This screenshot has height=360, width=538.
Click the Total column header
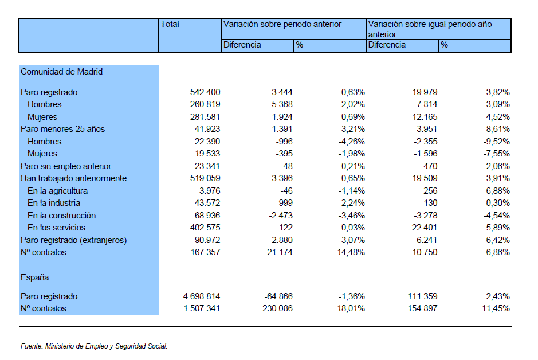point(170,24)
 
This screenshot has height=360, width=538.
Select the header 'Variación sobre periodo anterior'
point(282,24)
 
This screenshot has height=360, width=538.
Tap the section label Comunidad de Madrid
point(62,72)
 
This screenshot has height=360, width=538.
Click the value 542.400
point(205,92)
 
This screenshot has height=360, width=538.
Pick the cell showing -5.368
point(281,104)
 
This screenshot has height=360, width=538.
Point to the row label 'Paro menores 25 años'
point(63,129)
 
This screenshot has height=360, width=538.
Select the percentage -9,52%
point(497,142)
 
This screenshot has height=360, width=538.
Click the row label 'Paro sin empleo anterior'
point(66,166)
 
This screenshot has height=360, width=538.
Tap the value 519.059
point(205,178)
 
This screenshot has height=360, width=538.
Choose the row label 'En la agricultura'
point(58,191)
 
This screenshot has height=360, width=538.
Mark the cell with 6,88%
point(498,191)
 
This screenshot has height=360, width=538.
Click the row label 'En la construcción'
point(62,216)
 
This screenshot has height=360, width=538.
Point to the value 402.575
point(205,228)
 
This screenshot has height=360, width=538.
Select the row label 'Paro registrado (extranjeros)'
point(74,240)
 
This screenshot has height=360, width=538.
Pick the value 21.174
point(280,252)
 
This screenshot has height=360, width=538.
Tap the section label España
point(34,277)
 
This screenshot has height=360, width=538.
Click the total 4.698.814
point(202,296)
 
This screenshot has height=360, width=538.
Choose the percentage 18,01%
point(351,308)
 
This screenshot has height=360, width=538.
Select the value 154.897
point(422,308)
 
